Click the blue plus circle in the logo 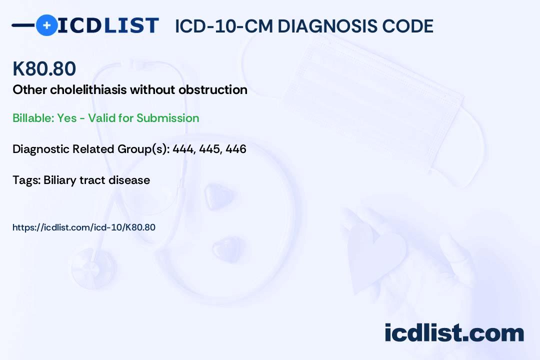[x=46, y=25]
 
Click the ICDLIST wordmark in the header [x=108, y=25]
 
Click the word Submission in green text [x=167, y=118]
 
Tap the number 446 [x=235, y=149]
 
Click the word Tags [x=25, y=180]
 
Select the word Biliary [x=60, y=180]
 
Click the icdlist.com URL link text [x=84, y=227]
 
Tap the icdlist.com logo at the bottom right [x=454, y=332]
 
